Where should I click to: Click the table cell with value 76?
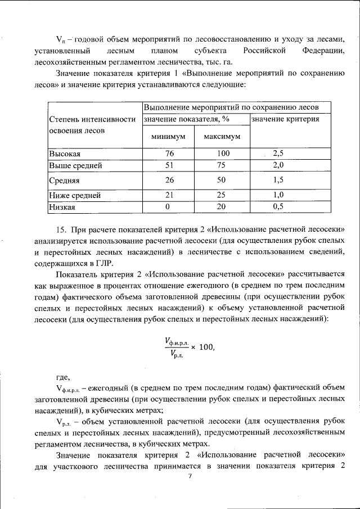tap(169, 154)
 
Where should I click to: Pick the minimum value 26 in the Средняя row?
tap(169, 181)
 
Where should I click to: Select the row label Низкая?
tap(62, 206)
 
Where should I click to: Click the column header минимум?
tap(168, 137)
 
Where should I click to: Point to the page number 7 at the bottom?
tap(190, 476)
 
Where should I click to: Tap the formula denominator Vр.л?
tap(177, 354)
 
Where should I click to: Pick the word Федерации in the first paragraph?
tap(323, 51)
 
